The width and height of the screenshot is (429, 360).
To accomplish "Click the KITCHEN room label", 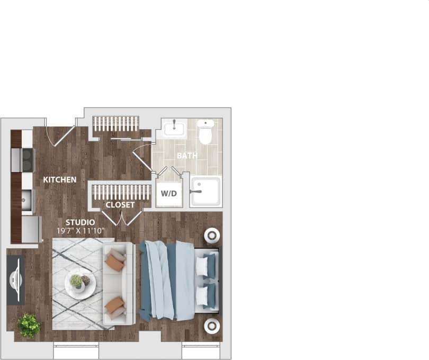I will (x=59, y=180).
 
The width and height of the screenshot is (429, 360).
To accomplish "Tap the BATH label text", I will (x=187, y=156).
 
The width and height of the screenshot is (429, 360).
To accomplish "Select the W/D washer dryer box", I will (x=169, y=193).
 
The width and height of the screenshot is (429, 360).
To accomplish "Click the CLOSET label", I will (x=120, y=204).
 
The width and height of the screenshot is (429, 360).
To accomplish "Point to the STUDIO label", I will (x=80, y=222).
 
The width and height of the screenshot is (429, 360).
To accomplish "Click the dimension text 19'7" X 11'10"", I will (x=81, y=231).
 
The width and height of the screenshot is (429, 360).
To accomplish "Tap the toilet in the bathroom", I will (x=205, y=132).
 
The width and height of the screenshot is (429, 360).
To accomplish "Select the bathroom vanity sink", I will (x=174, y=129).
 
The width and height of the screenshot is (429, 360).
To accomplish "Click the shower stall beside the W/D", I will (x=206, y=192).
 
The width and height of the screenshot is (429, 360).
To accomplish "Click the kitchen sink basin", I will (x=26, y=200).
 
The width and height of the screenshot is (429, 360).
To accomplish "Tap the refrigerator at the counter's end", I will (x=32, y=229).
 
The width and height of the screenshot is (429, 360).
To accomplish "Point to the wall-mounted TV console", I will (x=16, y=280).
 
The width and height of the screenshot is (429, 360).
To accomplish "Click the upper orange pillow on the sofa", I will (x=114, y=262).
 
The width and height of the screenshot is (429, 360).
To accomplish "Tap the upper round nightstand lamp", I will (x=212, y=235).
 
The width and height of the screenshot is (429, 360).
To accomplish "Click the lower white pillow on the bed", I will (x=202, y=296).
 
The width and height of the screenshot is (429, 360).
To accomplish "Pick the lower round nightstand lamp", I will (x=212, y=325).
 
